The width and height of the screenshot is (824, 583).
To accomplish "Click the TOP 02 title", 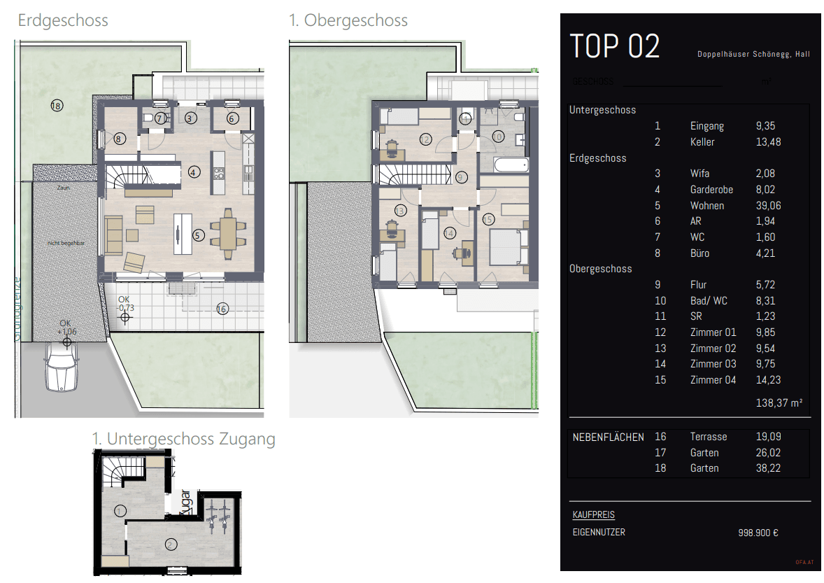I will pos(615,46).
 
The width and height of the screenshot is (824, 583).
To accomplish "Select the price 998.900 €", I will pos(758,533).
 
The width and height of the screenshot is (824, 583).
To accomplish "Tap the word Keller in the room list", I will pos(703,142).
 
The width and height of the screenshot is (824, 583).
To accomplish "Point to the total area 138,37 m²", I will pos(779,403).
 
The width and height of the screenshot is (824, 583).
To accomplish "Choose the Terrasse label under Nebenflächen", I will pos(708,437).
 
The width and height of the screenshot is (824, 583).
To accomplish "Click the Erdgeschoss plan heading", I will pos(63,20).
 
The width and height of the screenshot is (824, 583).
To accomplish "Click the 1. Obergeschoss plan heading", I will pos(348,20).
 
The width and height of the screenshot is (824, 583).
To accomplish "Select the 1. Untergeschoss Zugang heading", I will pos(183,439).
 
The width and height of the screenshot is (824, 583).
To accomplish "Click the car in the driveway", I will pos(59,368).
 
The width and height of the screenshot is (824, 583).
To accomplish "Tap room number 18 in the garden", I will pos(57,106).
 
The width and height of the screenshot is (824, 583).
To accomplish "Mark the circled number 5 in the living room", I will pos(199,236).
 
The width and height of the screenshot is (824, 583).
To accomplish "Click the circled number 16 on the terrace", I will pos(222,309).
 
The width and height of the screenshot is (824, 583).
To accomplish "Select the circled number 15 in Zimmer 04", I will pos(488,219).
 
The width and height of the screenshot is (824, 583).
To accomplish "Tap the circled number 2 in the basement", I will pos(170,544).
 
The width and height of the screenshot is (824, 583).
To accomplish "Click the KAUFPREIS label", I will pos(593,514).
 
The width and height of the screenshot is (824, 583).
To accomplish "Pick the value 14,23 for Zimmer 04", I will pos(768,380).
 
